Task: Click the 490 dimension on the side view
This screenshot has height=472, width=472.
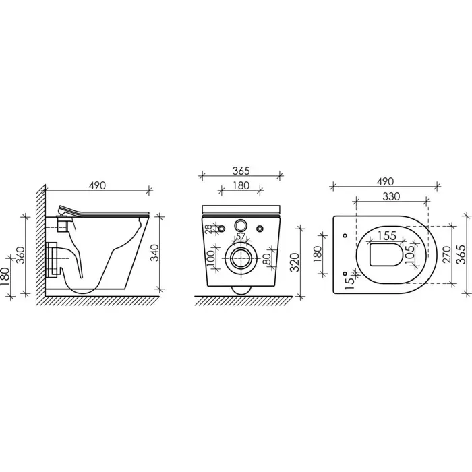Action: pos(97,185)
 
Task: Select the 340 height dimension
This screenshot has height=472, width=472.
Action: pos(154,253)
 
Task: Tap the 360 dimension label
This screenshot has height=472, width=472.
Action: pos(20,255)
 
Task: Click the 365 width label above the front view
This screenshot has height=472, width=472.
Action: pos(241,171)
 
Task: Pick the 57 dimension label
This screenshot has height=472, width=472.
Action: pos(240,236)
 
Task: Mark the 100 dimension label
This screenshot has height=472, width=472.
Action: pos(210,258)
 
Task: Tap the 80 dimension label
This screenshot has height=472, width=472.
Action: pos(266,258)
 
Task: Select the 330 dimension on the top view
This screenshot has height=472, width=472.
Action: pos(391,197)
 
